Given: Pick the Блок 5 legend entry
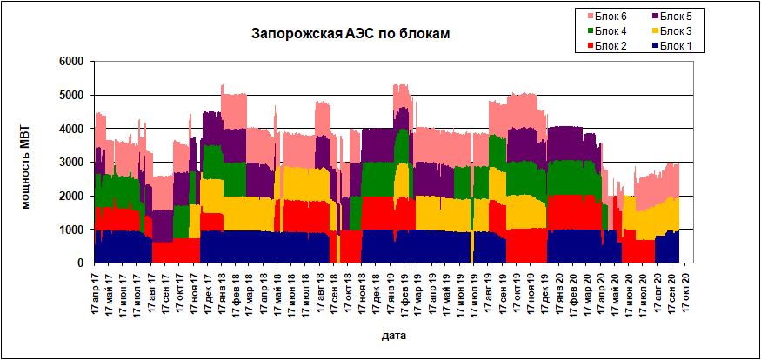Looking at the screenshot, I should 676,15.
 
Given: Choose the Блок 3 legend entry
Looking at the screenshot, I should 676,30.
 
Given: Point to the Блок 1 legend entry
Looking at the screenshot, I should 676,46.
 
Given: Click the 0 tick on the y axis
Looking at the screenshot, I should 79,263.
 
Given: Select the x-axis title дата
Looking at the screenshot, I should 392,334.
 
